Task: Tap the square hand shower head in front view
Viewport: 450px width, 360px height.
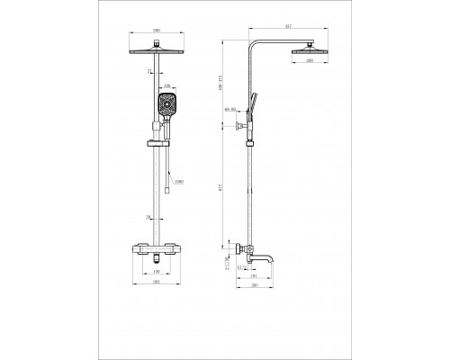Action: (x=166, y=106)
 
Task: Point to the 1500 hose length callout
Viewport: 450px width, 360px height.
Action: (x=181, y=183)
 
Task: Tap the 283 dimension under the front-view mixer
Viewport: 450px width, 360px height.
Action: (x=157, y=282)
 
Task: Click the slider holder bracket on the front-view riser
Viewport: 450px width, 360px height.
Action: (x=158, y=143)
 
